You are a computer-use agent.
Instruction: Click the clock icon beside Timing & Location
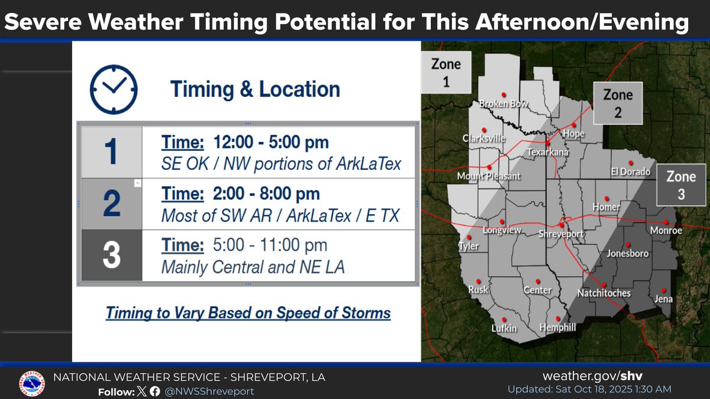point(114,89)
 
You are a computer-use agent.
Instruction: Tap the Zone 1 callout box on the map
point(446,72)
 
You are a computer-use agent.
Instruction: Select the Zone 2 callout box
point(618,103)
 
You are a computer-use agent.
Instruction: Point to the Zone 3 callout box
point(681,184)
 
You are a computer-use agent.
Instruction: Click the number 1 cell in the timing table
point(111,153)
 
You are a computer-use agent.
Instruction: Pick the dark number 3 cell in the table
point(111,255)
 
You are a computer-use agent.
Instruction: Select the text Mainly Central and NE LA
point(253,268)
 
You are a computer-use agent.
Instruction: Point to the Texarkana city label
point(548,153)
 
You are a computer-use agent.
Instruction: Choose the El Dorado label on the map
point(631,172)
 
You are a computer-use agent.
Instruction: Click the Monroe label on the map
point(666,231)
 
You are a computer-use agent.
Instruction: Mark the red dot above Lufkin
point(504,318)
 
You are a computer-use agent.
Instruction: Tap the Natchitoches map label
point(604,293)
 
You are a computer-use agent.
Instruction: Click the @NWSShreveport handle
point(210,391)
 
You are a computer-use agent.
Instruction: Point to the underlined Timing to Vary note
point(248,313)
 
